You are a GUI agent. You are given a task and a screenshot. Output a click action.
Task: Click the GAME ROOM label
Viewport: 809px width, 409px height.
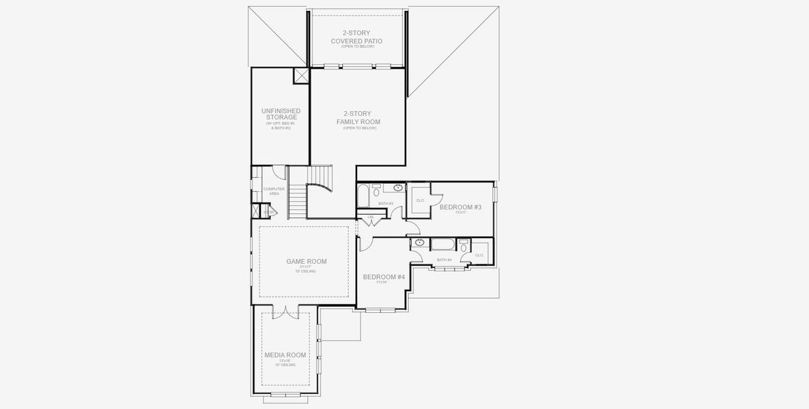[x=306, y=261]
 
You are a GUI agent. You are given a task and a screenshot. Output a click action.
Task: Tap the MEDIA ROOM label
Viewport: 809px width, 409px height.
[x=285, y=355]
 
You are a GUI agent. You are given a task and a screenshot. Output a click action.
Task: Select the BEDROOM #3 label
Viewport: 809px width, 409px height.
[x=460, y=207]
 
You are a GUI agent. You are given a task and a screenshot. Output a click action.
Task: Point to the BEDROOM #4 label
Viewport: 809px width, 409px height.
[x=384, y=277]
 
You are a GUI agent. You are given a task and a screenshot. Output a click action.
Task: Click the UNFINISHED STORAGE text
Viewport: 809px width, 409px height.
[x=280, y=114]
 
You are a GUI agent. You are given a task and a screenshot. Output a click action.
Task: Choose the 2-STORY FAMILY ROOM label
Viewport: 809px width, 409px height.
[x=358, y=117]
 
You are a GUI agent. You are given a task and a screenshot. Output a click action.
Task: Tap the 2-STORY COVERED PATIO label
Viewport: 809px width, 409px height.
[x=356, y=37]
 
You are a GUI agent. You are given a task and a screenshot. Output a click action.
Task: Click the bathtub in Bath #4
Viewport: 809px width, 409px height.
[x=442, y=245]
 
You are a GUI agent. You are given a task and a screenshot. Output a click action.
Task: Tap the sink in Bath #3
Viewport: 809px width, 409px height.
[x=397, y=187]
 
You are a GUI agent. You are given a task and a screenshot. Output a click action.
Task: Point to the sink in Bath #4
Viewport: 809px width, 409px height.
[x=419, y=242]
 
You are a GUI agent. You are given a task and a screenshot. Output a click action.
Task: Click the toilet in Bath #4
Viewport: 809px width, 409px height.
[x=464, y=247]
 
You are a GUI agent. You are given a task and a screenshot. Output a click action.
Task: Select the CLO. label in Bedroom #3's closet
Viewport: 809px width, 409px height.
[x=420, y=200]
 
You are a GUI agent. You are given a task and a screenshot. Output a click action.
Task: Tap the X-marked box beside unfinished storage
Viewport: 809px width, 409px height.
[x=301, y=76]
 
